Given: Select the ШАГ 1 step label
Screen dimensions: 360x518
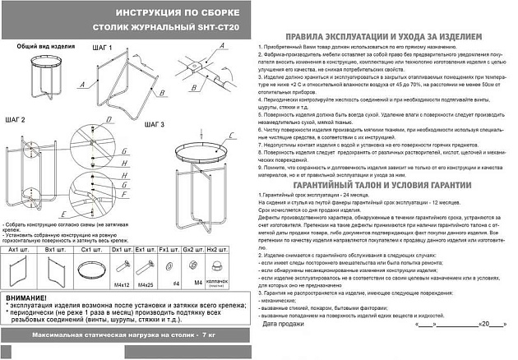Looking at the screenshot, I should coord(99,48).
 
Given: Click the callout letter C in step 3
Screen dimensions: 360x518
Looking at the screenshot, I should coord(233,135).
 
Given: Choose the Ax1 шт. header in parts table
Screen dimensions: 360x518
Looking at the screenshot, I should coord(19,247).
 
